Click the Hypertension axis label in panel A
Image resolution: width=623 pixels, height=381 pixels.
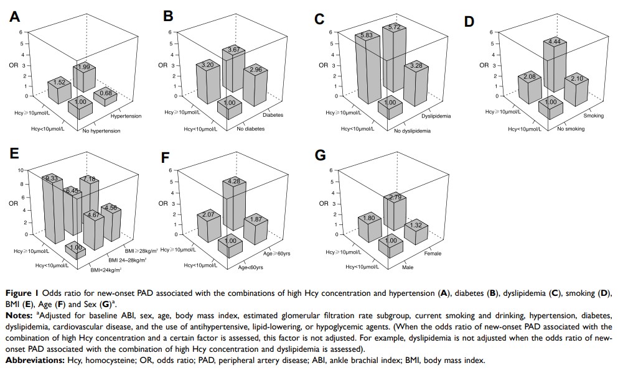click(126, 116)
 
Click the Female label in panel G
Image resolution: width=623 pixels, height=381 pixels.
click(433, 254)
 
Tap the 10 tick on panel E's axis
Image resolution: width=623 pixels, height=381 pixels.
click(20, 170)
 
